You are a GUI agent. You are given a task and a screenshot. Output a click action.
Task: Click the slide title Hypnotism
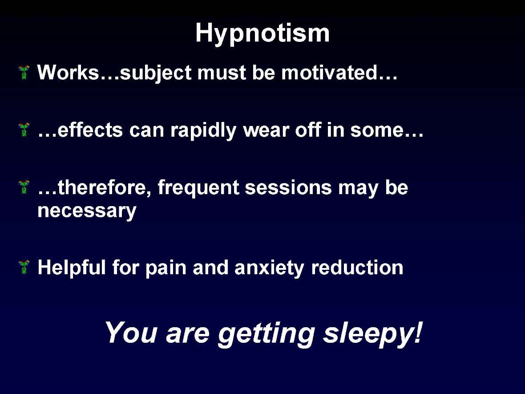tap(262, 34)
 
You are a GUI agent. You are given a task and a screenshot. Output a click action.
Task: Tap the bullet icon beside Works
tap(24, 73)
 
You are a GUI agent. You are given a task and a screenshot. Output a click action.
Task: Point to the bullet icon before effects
tap(24, 130)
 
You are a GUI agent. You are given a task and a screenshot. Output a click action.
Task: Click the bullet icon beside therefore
tap(24, 187)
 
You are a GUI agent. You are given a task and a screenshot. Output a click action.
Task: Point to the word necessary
tap(87, 211)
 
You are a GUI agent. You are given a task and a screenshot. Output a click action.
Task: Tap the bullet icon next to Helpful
tap(24, 267)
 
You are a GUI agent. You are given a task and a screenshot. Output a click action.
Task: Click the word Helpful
tap(72, 268)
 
